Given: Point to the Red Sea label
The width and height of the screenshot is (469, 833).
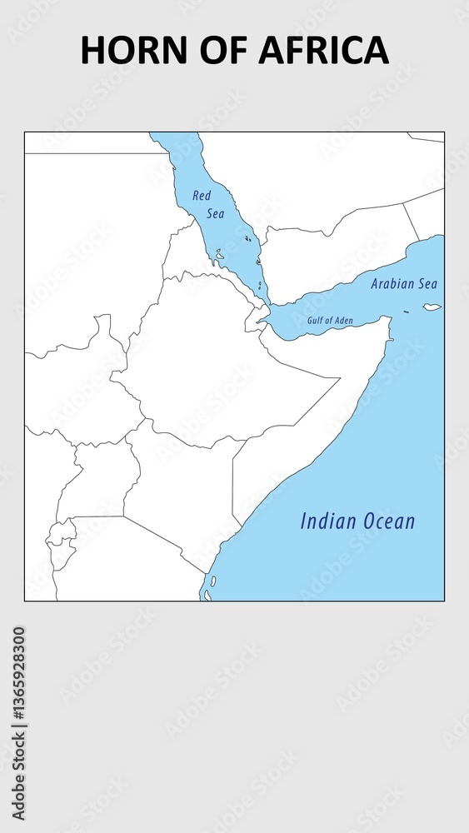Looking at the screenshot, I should click(x=208, y=204).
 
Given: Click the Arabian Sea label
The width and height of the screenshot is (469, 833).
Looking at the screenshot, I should click(x=404, y=283).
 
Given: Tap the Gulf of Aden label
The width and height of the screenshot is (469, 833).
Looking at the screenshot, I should click(x=330, y=320).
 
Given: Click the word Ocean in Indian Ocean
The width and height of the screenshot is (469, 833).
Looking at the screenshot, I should click(x=387, y=521).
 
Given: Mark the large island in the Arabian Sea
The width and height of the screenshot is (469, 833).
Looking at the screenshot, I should click(x=432, y=307).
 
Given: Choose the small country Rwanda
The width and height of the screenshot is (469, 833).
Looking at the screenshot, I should click(x=60, y=531).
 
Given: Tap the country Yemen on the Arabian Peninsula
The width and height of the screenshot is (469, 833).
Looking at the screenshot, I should click(x=333, y=258).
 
